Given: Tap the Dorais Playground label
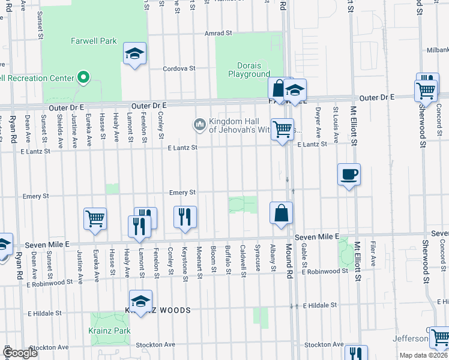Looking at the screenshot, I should pyautogui.click(x=249, y=70).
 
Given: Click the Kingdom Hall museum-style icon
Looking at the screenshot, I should pyautogui.click(x=199, y=124).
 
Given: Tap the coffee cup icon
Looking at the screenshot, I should pyautogui.click(x=349, y=175).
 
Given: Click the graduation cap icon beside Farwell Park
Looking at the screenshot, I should pyautogui.click(x=135, y=54).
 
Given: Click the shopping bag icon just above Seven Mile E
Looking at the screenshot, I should pyautogui.click(x=282, y=213).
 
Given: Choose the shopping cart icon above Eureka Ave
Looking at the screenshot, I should pyautogui.click(x=95, y=219).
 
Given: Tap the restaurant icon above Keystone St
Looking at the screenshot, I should pyautogui.click(x=185, y=217).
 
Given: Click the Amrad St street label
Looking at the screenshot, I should pyautogui.click(x=218, y=34).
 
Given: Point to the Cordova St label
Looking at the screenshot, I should pyautogui.click(x=180, y=68).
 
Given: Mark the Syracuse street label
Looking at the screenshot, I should pyautogui.click(x=258, y=256).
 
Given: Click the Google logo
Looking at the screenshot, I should pyautogui.click(x=20, y=353).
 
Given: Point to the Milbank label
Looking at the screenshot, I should pyautogui.click(x=438, y=50).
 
